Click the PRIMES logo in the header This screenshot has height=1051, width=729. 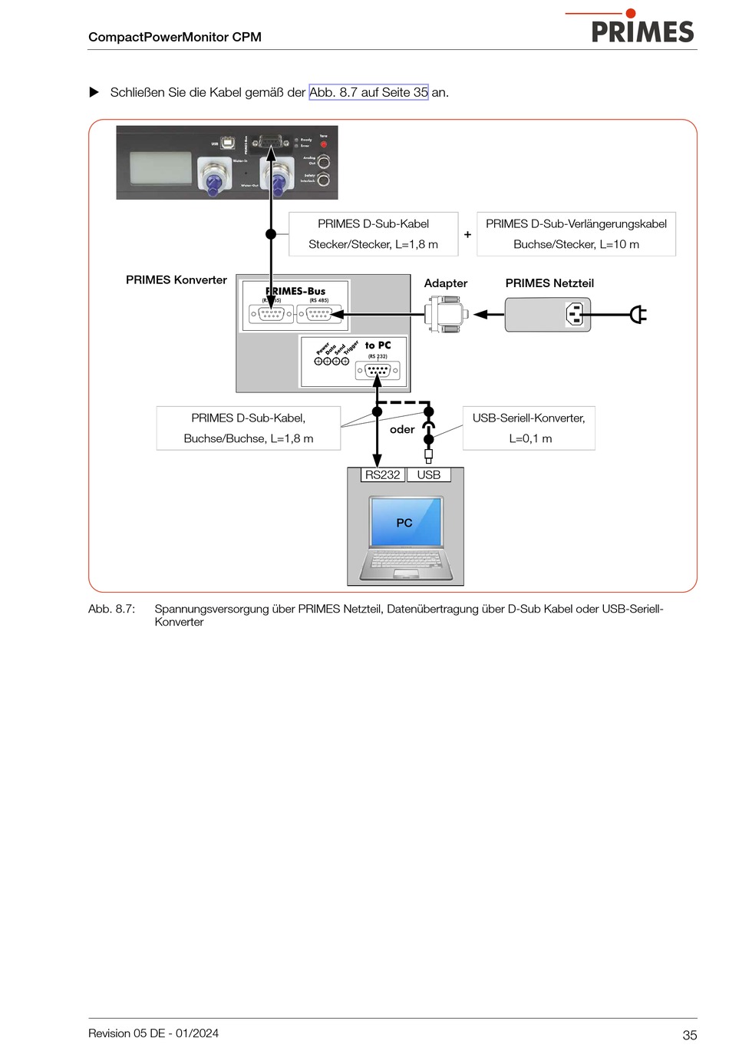pyautogui.click(x=642, y=31)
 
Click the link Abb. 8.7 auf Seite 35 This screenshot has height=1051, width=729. pyautogui.click(x=368, y=92)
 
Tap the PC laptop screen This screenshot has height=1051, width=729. pyautogui.click(x=405, y=521)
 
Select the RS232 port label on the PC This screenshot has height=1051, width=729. pyautogui.click(x=382, y=475)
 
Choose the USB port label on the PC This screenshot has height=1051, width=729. pyautogui.click(x=428, y=475)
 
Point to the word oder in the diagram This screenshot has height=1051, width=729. pyautogui.click(x=402, y=430)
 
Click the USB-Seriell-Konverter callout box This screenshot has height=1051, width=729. pyautogui.click(x=529, y=428)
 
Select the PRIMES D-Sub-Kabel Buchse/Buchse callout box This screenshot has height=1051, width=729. pyautogui.click(x=248, y=428)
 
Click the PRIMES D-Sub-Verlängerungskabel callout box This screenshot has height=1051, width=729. pyautogui.click(x=576, y=234)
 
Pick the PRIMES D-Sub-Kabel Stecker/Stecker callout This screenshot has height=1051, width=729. pyautogui.click(x=373, y=234)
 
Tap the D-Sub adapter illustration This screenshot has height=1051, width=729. pyautogui.click(x=447, y=314)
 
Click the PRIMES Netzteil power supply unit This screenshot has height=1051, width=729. pyautogui.click(x=547, y=314)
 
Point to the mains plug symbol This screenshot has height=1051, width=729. pyautogui.click(x=638, y=314)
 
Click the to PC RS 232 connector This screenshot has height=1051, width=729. pyautogui.click(x=378, y=371)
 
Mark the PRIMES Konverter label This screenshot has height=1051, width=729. pyautogui.click(x=176, y=280)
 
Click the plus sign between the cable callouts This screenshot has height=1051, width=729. pyautogui.click(x=467, y=235)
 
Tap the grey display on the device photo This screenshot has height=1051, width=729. pyautogui.click(x=160, y=167)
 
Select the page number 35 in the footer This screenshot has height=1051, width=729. pyautogui.click(x=689, y=1035)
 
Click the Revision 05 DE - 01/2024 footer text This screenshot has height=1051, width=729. pyautogui.click(x=153, y=1033)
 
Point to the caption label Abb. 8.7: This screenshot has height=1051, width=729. pyautogui.click(x=112, y=609)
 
